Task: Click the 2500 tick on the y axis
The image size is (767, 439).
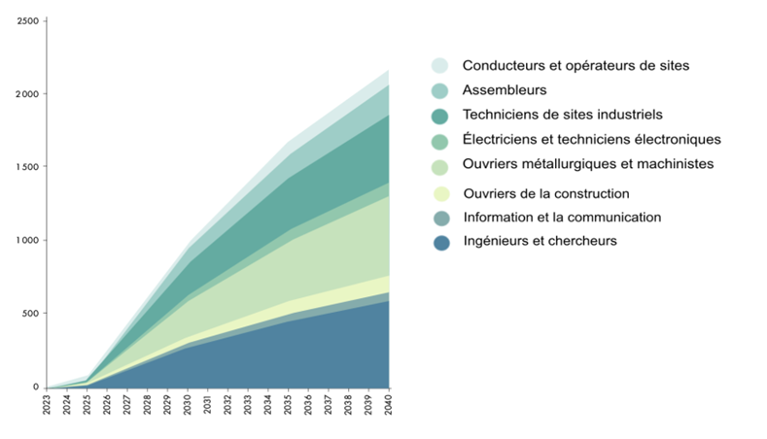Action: click(26, 21)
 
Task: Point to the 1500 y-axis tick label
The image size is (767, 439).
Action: click(26, 167)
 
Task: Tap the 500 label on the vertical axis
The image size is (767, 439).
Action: click(29, 314)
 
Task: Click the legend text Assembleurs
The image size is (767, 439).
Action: click(505, 90)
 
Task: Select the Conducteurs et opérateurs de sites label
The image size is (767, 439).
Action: click(575, 66)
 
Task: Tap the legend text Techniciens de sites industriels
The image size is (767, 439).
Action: click(562, 115)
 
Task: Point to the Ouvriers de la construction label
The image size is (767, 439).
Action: click(546, 193)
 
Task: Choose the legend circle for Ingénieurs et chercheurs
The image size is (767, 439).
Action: click(441, 242)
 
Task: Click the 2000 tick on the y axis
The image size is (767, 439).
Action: click(26, 94)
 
